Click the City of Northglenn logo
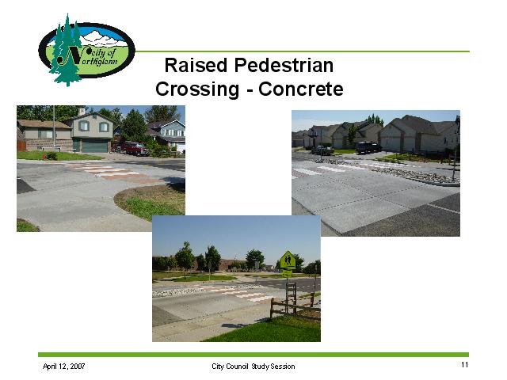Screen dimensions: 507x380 click(86, 50)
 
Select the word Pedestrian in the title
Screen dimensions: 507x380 click(284, 65)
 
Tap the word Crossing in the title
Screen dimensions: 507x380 click(197, 89)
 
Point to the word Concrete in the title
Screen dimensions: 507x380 click(301, 89)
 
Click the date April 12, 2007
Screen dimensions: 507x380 click(63, 366)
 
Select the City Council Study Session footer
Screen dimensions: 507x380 click(253, 367)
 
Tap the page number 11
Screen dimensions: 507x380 click(465, 365)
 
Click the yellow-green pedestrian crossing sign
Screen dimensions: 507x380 click(288, 260)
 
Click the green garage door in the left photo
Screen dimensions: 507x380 click(94, 146)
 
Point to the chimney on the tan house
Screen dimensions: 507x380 click(82, 112)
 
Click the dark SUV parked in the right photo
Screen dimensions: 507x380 click(368, 147)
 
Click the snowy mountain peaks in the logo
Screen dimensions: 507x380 click(103, 37)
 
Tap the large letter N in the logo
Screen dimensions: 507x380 click(72, 55)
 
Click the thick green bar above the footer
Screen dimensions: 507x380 click(253, 355)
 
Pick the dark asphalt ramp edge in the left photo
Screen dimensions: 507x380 click(25, 186)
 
